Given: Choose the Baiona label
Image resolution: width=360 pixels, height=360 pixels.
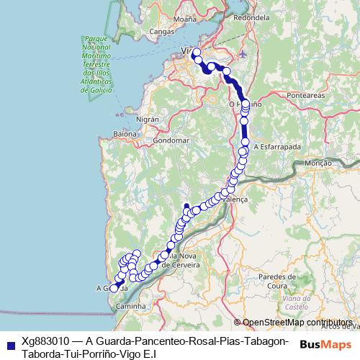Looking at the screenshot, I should [125, 134].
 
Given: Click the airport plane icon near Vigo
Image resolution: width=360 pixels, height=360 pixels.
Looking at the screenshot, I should [242, 54].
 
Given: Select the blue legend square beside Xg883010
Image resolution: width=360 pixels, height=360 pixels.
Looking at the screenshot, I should [9, 342].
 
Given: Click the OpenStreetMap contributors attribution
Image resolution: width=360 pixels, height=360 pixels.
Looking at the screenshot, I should [297, 322].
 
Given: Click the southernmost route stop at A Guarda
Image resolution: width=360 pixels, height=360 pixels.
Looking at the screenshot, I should [113, 289].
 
